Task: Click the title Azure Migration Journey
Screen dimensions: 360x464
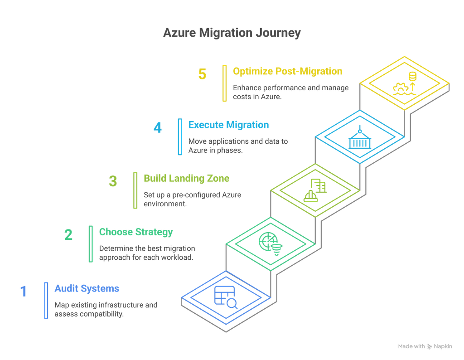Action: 232,34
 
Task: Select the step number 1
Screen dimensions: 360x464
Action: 24,291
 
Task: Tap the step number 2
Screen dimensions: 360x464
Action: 68,234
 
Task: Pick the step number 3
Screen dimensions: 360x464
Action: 113,181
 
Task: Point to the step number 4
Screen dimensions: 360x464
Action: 157,128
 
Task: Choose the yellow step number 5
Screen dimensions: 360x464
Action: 202,74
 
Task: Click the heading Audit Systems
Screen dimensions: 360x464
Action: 87,288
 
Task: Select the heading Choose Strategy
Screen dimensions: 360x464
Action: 136,232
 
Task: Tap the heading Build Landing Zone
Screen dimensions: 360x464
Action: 186,179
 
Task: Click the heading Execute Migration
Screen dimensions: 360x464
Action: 228,125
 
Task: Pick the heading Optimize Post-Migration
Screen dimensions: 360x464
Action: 287,71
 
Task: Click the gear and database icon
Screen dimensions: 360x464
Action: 405,84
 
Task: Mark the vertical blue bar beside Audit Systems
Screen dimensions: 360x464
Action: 46,300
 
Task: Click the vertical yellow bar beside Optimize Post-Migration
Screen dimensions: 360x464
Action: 224,83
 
